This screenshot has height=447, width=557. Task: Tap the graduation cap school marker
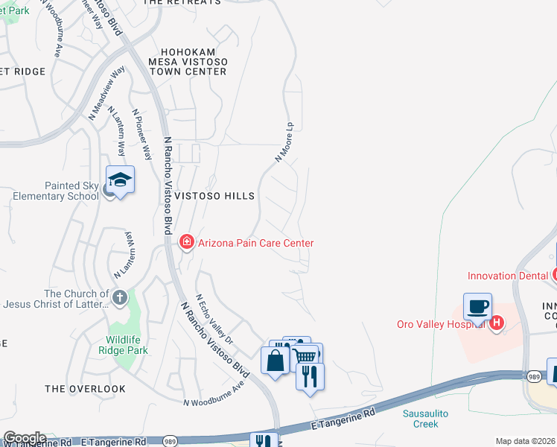[120, 180]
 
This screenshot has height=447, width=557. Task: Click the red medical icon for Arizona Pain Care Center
[186, 242]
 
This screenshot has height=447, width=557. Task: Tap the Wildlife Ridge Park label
[126, 345]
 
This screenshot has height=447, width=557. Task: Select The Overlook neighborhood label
[85, 389]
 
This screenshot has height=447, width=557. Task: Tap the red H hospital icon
[497, 323]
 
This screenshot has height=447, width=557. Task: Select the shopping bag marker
[275, 361]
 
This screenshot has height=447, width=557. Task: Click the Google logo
[25, 438]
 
